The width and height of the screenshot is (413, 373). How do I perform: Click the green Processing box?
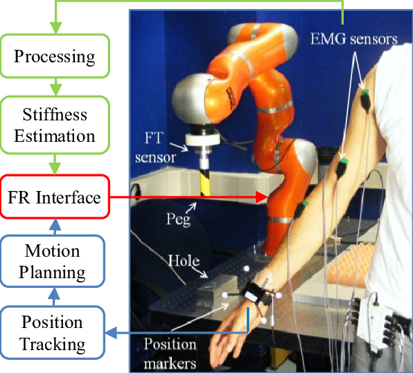pyautogui.click(x=54, y=56)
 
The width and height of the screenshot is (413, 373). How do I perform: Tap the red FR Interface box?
pyautogui.click(x=54, y=198)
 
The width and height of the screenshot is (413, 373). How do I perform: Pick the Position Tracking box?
pyautogui.click(x=53, y=332)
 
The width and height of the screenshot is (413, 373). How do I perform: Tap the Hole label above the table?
pyautogui.click(x=182, y=262)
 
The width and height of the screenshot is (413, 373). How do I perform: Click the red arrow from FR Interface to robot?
pyautogui.click(x=187, y=198)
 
